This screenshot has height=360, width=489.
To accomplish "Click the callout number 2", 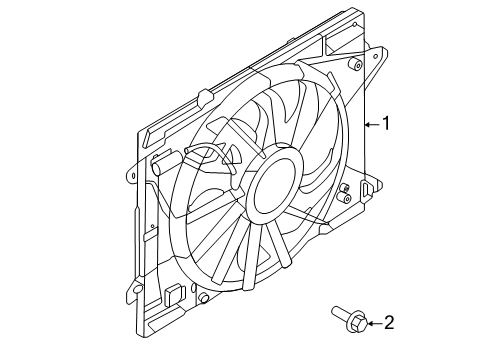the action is tap(389, 322).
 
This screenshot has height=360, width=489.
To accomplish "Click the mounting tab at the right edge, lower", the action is tap(372, 187).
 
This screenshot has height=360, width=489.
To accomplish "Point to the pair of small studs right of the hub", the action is tap(343, 190).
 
